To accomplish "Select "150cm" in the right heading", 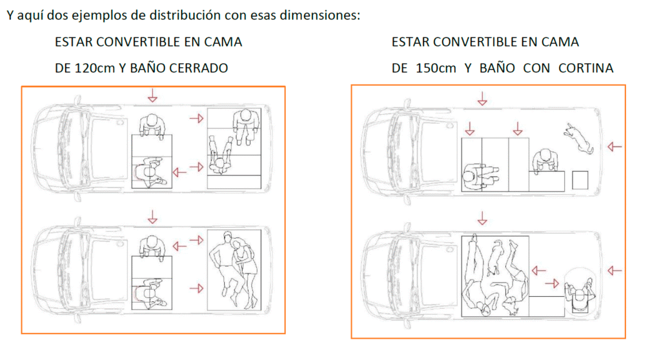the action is (436, 68).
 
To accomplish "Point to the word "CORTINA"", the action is (585, 68).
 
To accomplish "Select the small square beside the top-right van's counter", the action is (580, 180).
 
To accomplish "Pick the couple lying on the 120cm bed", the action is (234, 268).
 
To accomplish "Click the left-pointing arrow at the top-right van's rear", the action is (615, 146).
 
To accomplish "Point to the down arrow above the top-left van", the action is (152, 95).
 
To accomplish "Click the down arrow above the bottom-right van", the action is (482, 218).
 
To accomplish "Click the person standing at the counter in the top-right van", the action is (545, 161).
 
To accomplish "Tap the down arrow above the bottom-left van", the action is (152, 217).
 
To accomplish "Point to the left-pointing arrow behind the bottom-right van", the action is (615, 270).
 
